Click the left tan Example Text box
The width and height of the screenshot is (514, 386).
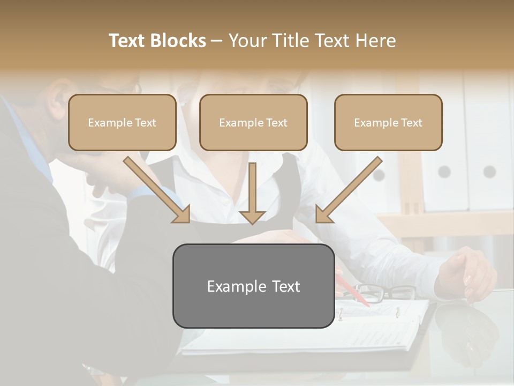tap(122, 122)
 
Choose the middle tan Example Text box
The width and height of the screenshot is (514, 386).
tap(253, 122)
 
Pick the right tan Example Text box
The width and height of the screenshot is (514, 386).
tap(388, 122)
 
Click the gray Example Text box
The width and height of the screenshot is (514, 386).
tap(253, 286)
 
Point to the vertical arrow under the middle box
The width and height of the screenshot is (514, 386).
tap(252, 193)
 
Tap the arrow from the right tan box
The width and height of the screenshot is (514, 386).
tap(349, 189)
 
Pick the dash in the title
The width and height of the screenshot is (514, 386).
tap(217, 41)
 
